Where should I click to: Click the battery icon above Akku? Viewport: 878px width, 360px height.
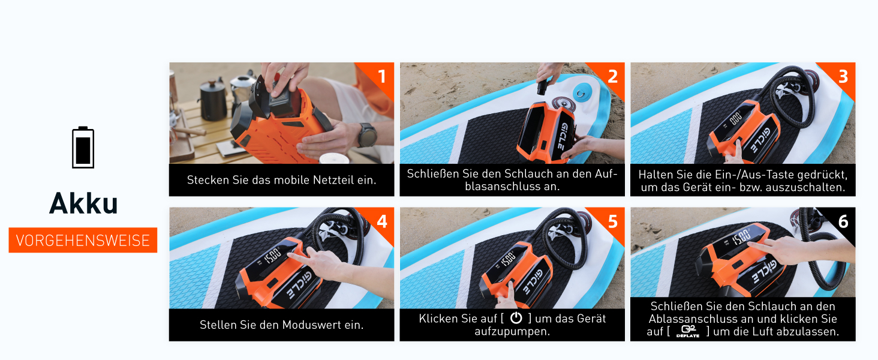click(x=83, y=148)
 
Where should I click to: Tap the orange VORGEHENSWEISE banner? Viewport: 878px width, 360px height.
click(x=83, y=240)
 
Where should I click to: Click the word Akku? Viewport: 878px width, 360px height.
click(x=83, y=203)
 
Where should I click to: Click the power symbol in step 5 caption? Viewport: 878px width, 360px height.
click(x=516, y=317)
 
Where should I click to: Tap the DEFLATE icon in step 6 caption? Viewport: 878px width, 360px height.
click(x=688, y=331)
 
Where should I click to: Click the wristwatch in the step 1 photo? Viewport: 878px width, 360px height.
click(x=367, y=134)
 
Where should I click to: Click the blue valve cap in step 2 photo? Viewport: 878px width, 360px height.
click(x=583, y=94)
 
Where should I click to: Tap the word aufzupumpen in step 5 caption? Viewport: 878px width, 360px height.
click(x=512, y=331)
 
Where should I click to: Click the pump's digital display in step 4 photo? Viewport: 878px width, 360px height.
click(x=272, y=255)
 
